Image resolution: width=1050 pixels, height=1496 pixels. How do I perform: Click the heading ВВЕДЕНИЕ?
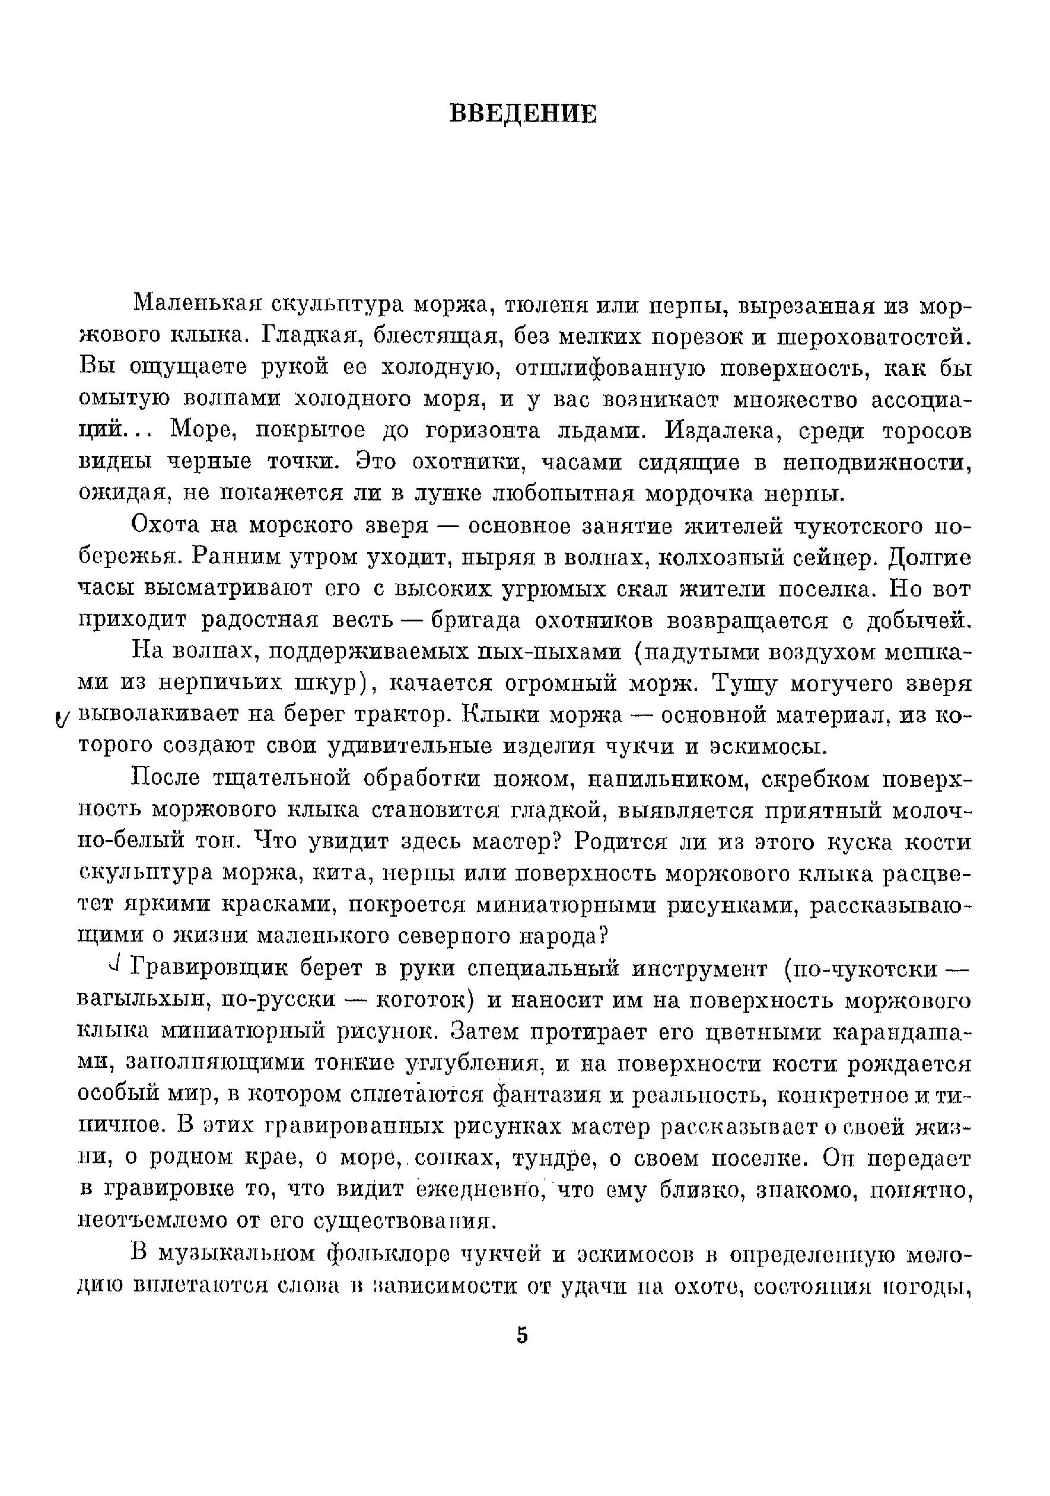[x=523, y=114]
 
